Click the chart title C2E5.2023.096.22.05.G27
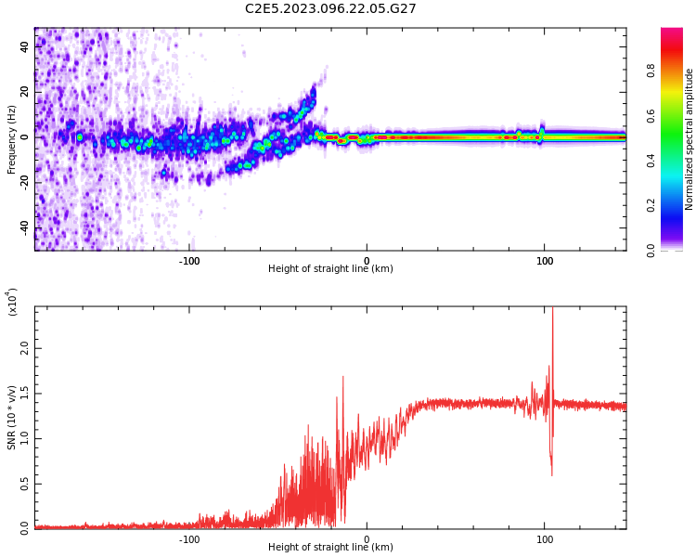(x=330, y=8)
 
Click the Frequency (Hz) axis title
(x=12, y=139)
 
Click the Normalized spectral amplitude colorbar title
(x=690, y=139)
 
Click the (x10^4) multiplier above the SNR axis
(x=12, y=303)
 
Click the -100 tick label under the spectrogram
(x=189, y=260)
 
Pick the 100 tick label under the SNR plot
(x=545, y=538)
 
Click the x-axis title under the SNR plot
(x=330, y=548)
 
